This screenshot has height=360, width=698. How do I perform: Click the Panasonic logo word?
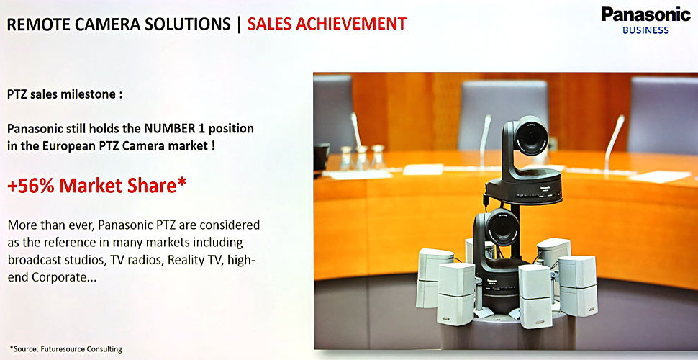[645, 14]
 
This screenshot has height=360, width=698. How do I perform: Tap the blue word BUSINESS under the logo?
[645, 30]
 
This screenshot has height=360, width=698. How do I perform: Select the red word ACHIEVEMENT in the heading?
[359, 24]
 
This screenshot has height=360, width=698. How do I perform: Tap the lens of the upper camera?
[530, 136]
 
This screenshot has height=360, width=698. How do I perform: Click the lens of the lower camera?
[502, 228]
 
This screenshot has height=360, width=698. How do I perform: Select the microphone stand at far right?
[612, 143]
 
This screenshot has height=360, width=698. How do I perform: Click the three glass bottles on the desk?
[363, 157]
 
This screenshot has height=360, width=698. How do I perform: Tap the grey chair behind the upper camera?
[503, 114]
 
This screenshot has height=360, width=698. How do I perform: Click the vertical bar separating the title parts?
[239, 24]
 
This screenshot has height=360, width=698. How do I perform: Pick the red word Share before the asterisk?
[153, 187]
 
